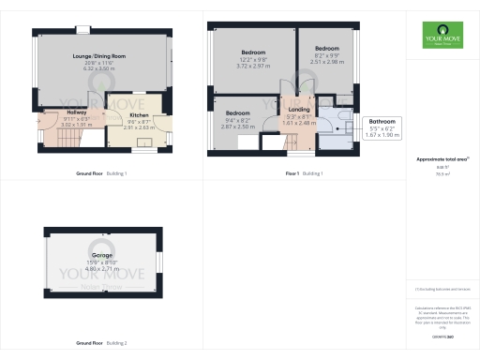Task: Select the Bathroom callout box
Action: click(x=382, y=127)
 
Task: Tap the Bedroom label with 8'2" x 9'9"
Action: click(x=326, y=49)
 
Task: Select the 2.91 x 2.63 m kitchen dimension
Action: click(x=138, y=127)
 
